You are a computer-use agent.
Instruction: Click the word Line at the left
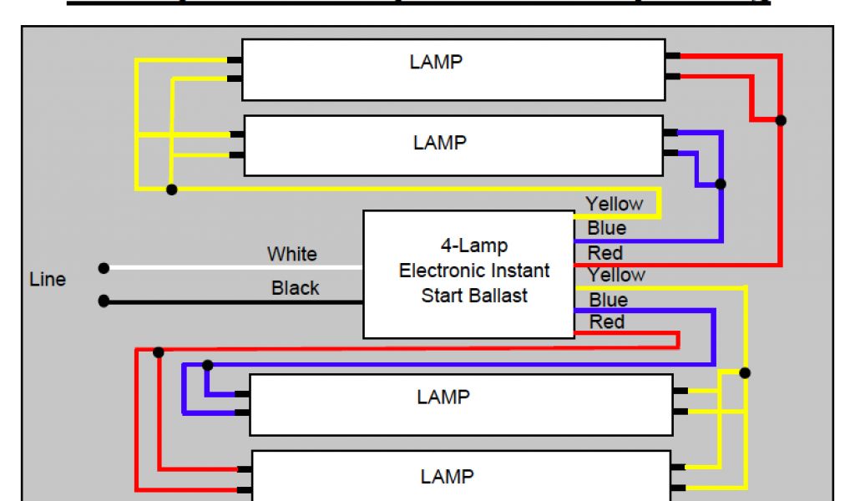point(48,280)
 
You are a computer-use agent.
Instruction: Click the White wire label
point(291,253)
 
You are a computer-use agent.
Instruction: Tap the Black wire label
point(295,288)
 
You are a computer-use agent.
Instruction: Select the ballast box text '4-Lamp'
point(474,246)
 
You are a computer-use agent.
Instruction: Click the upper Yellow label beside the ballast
point(614,204)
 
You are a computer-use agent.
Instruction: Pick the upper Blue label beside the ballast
point(607,228)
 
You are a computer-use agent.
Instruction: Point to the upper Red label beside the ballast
point(605,252)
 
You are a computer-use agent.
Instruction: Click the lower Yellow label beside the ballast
point(616,275)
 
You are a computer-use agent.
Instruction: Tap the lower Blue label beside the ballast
point(609,299)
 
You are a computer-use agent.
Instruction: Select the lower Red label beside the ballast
point(607,321)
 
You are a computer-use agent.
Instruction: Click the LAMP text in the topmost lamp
point(436,62)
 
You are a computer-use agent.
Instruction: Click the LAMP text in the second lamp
point(440,143)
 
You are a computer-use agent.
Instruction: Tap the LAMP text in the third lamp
point(443,397)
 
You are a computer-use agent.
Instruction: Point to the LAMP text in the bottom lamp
point(447,477)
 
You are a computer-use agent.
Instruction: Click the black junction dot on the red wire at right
point(781,120)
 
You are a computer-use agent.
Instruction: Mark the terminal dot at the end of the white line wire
point(104,268)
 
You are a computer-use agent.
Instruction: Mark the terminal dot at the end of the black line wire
point(104,301)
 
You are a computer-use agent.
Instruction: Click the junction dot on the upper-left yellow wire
point(171,190)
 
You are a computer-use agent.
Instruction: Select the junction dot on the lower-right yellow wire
point(746,372)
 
